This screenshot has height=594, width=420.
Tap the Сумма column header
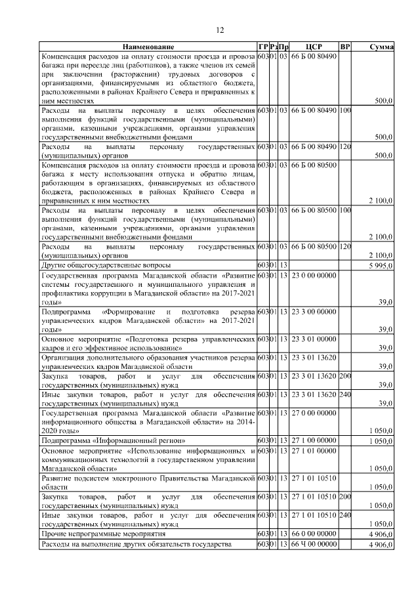tap(381, 47)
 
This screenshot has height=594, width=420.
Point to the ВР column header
tap(345, 47)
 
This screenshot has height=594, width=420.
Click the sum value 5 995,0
tap(381, 266)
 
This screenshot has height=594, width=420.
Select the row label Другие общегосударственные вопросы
tap(106, 265)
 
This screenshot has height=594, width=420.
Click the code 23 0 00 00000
tap(314, 276)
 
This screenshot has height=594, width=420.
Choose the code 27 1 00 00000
tap(314, 441)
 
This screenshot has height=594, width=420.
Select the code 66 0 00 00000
tap(314, 536)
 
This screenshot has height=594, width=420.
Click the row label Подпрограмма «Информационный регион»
tap(114, 441)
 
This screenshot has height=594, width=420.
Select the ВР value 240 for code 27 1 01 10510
tap(345, 517)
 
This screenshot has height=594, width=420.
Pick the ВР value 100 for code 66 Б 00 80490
tap(345, 112)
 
